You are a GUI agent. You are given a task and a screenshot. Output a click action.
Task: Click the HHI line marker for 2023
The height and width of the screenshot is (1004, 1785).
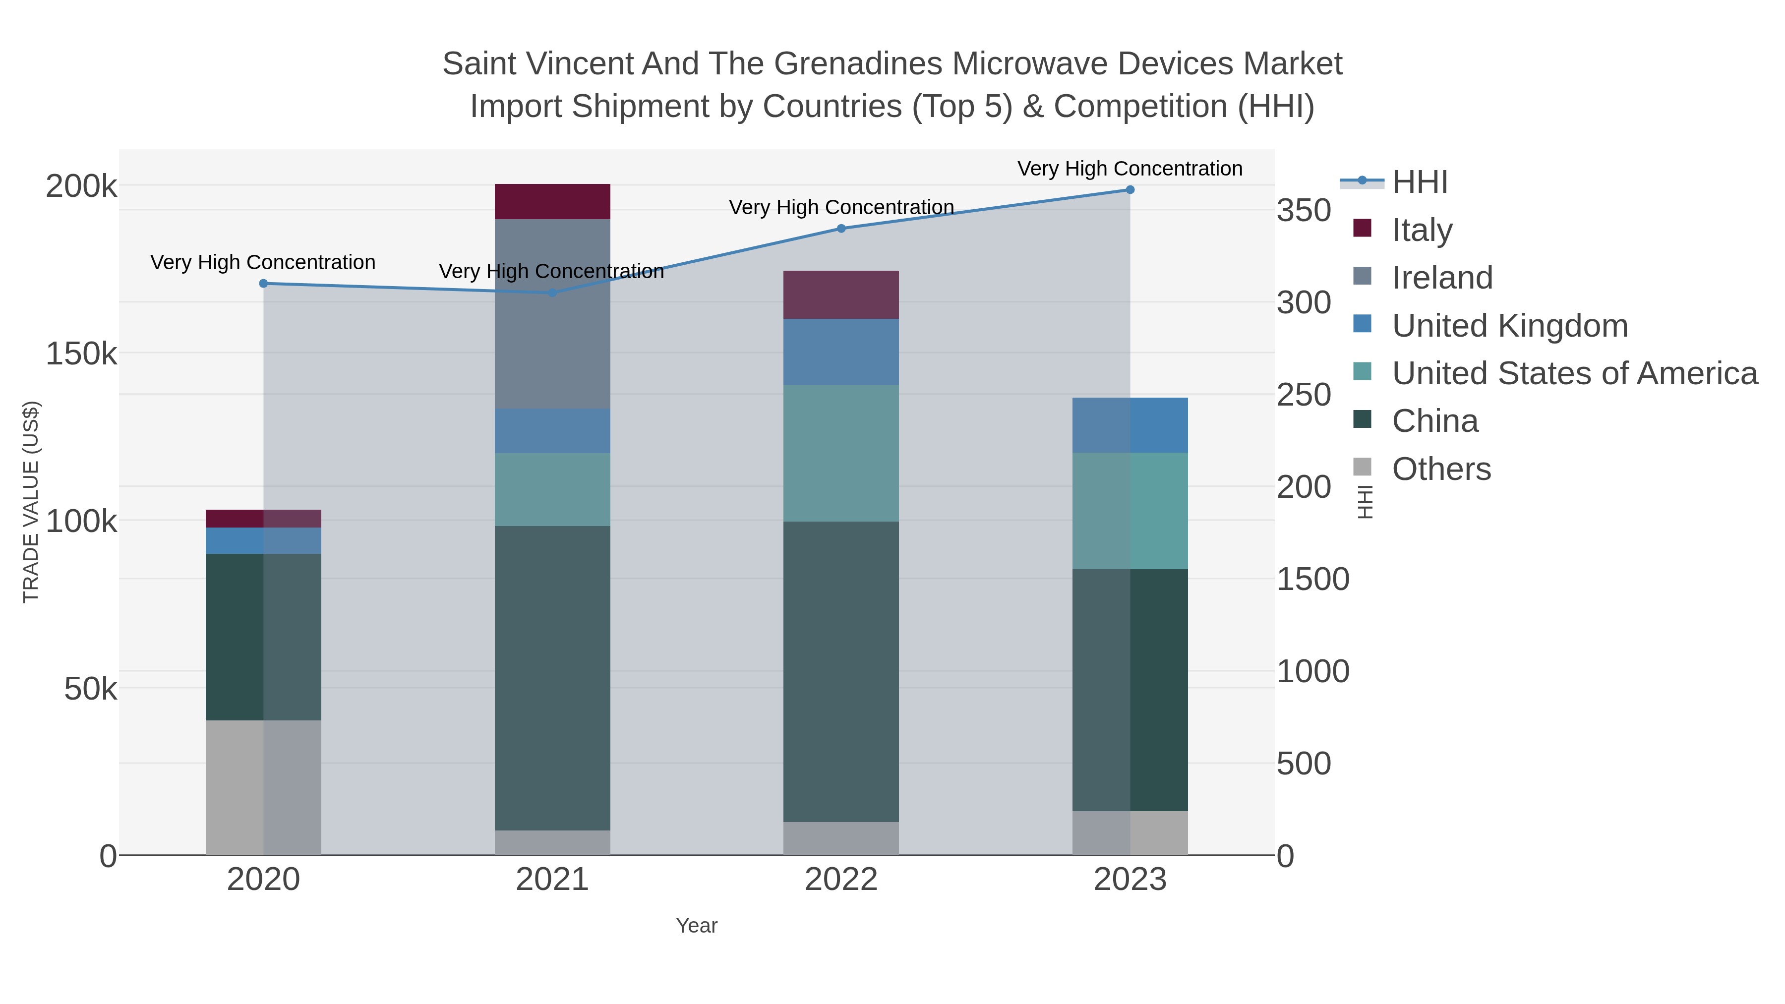(x=1130, y=190)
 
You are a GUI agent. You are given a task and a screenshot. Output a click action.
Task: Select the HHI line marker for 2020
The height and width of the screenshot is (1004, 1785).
(x=263, y=284)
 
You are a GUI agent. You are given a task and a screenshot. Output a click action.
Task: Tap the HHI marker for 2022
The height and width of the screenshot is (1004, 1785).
(x=841, y=229)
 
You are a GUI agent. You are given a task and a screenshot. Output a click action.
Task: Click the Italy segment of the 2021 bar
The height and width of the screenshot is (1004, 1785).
(x=552, y=202)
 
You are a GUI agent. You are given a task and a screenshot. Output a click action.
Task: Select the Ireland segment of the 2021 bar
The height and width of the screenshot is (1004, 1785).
(x=552, y=314)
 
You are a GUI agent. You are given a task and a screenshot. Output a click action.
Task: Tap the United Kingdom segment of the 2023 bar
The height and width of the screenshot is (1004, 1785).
(x=1130, y=425)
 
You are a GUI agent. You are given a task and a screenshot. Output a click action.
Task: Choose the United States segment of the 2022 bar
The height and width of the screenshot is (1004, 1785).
(x=841, y=453)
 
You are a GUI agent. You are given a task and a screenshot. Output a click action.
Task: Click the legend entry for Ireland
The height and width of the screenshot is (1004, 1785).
(x=1441, y=278)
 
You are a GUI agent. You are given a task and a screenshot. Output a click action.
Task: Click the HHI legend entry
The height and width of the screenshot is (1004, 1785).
(x=1419, y=182)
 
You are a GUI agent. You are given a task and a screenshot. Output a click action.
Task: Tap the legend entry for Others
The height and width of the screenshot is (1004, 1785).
(x=1440, y=469)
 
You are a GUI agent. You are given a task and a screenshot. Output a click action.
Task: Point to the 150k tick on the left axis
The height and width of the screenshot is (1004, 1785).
(x=81, y=354)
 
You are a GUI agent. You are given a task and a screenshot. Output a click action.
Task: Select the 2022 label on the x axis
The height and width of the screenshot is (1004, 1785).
(x=841, y=880)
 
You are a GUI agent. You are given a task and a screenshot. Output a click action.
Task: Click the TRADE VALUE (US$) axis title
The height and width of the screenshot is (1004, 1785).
(x=31, y=502)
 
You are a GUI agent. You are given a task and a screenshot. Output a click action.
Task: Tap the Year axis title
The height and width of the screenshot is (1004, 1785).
(x=697, y=926)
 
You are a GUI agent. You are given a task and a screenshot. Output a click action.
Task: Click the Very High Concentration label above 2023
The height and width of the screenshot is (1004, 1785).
(x=1130, y=169)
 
